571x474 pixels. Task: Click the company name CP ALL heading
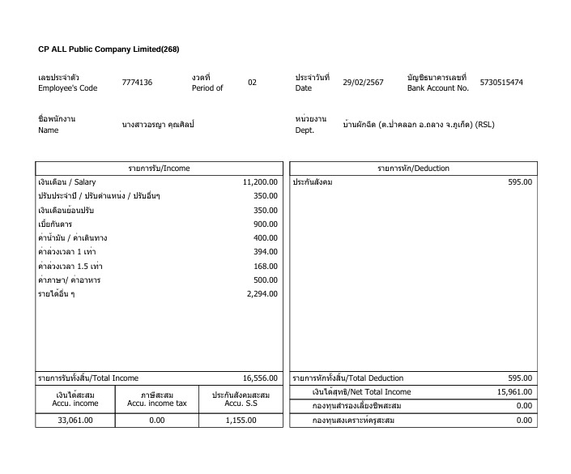pos(109,49)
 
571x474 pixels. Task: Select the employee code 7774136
pos(137,83)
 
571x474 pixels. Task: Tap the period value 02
pos(252,83)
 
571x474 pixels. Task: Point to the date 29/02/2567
pos(364,83)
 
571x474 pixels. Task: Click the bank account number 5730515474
pos(501,83)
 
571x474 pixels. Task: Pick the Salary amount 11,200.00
pos(260,182)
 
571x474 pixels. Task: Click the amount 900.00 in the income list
pos(266,224)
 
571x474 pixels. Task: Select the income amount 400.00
pos(266,238)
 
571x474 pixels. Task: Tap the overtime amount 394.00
pos(266,252)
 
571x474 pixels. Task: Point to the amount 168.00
pos(266,266)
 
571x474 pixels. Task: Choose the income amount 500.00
pos(266,280)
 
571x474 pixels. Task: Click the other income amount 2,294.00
pos(262,294)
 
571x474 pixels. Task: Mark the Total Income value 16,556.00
pos(260,378)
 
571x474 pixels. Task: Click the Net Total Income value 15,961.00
pos(514,392)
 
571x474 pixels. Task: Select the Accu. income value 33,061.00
pos(75,421)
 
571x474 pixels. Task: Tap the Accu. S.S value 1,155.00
pos(240,421)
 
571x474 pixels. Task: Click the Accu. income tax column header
pos(157,399)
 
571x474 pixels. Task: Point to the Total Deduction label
pos(348,378)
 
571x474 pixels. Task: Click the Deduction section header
pos(413,169)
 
